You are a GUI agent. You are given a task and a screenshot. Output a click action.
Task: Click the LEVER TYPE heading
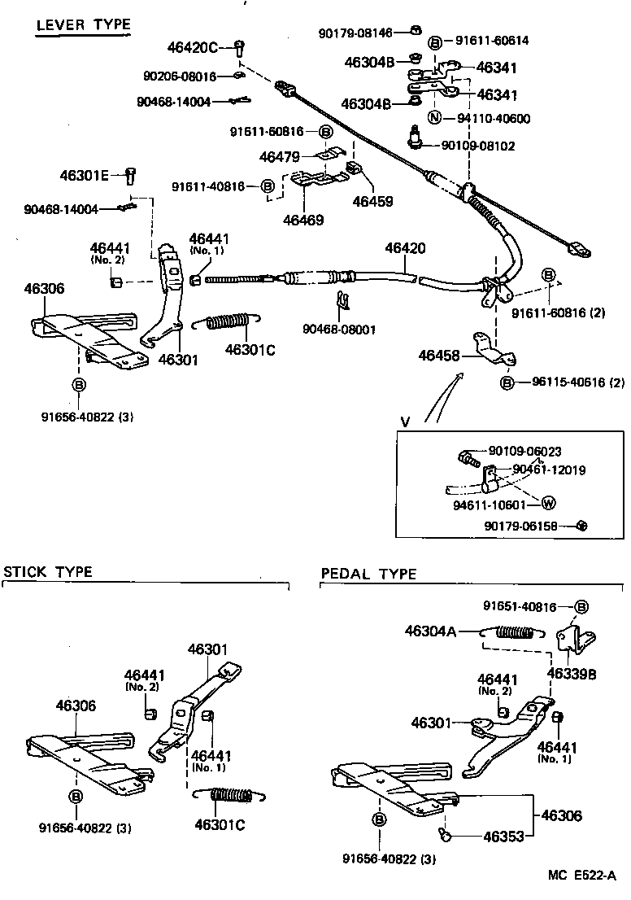click(x=83, y=25)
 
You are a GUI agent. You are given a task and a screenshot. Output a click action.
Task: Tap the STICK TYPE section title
click(x=48, y=571)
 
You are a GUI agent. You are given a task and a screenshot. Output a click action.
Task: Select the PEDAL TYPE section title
click(x=368, y=574)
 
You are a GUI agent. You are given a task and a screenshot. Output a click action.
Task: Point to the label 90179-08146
click(x=356, y=33)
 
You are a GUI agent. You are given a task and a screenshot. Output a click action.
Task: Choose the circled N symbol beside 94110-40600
click(x=435, y=118)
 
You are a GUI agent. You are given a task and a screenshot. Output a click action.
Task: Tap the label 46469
click(x=303, y=220)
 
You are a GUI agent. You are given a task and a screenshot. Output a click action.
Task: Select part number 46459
click(x=372, y=200)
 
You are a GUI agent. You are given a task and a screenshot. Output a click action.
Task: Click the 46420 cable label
click(x=405, y=248)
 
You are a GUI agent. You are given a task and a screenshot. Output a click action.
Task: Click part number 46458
click(x=439, y=355)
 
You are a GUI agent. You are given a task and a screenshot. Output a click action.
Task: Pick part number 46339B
click(x=572, y=675)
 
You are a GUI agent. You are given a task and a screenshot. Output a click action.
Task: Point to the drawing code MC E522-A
click(x=582, y=876)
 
